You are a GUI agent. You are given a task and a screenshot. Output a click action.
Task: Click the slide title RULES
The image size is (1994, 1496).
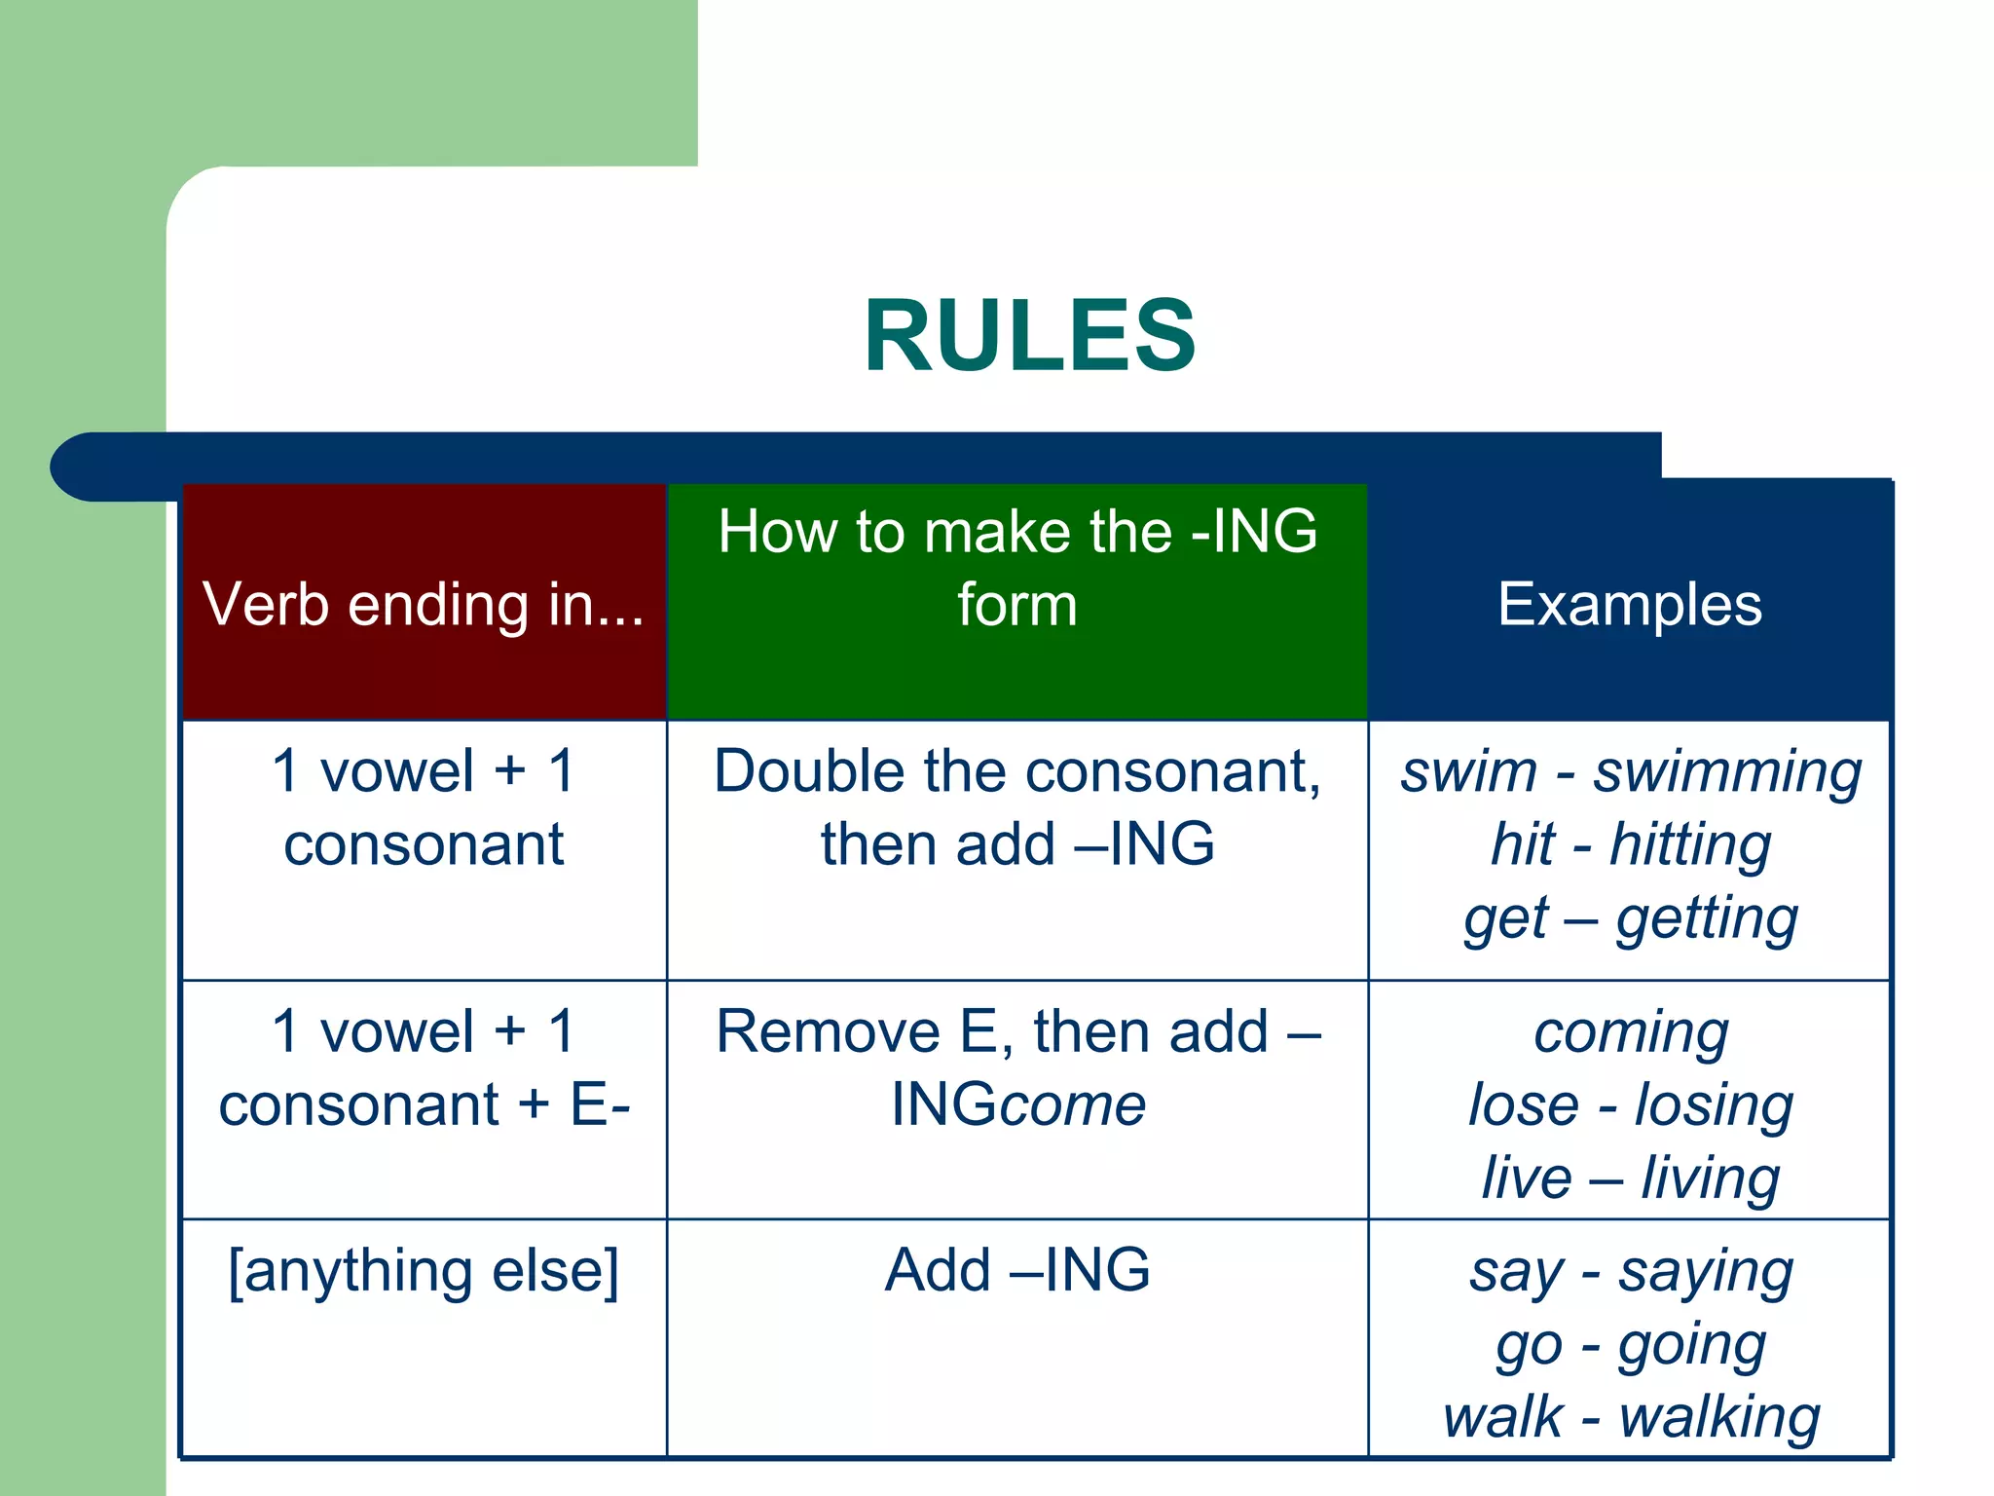[1029, 336]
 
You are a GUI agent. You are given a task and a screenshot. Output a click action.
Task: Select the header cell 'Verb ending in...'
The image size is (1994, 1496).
[424, 605]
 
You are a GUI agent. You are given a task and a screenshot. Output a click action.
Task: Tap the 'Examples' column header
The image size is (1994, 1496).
[1629, 605]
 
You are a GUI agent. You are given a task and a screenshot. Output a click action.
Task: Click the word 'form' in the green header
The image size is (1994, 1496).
[1016, 605]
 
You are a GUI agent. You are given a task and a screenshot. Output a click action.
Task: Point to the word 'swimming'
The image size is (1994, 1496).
[1727, 774]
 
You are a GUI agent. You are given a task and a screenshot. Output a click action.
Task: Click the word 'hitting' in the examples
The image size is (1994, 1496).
[1690, 845]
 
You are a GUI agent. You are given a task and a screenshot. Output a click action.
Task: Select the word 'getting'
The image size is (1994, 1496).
[1706, 918]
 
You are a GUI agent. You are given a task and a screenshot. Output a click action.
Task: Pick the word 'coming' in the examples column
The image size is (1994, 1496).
[1631, 1032]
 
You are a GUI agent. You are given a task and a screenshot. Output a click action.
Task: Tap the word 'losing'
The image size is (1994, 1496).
[1713, 1105]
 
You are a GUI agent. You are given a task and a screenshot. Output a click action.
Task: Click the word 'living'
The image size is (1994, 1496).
[1710, 1178]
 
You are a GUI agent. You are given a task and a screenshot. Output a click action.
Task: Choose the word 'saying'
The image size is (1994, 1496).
[1705, 1273]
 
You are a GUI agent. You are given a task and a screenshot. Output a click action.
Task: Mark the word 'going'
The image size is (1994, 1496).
[1691, 1346]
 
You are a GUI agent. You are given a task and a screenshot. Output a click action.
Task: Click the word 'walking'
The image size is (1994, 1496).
[1718, 1418]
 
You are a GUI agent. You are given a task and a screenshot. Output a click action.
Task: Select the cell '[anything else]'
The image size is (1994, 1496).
[424, 1271]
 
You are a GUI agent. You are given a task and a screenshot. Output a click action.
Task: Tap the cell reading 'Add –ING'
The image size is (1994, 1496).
[1016, 1270]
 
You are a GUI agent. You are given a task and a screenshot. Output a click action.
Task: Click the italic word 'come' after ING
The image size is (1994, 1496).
[1073, 1106]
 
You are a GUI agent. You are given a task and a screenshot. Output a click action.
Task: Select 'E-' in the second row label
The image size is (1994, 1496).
[600, 1105]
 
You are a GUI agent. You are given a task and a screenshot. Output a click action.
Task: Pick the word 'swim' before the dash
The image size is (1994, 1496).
[1468, 772]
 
